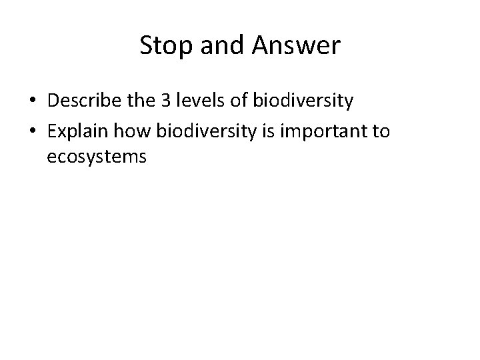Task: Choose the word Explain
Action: click(x=75, y=131)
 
